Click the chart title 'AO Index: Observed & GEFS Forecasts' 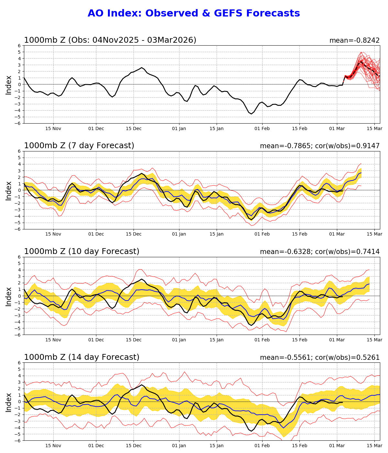(x=194, y=13)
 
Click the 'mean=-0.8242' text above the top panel (x=354, y=40)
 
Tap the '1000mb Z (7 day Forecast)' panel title (x=79, y=146)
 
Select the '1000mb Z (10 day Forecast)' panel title (x=81, y=251)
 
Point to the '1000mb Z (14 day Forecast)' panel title (x=81, y=357)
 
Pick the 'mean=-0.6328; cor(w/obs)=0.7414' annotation (x=320, y=252)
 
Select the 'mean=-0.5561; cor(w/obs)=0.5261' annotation (x=320, y=358)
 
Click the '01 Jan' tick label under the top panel (x=179, y=128)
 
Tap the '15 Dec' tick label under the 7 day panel (x=134, y=234)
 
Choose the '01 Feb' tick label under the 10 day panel (x=262, y=340)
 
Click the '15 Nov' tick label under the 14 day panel (x=53, y=446)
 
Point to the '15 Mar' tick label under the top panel (x=375, y=128)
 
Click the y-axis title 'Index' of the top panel (x=9, y=85)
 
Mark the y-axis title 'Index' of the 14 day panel (x=9, y=402)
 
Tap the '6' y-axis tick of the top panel (x=19, y=46)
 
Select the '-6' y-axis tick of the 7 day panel (x=18, y=229)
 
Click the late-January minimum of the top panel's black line (x=251, y=114)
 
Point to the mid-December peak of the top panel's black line (x=142, y=68)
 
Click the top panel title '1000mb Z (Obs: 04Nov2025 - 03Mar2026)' (x=110, y=40)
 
